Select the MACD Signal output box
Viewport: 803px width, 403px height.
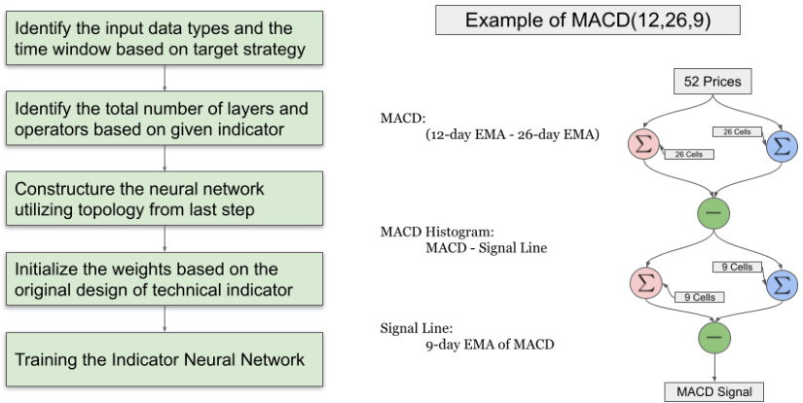714,392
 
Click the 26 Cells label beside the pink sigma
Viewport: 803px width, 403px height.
688,154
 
